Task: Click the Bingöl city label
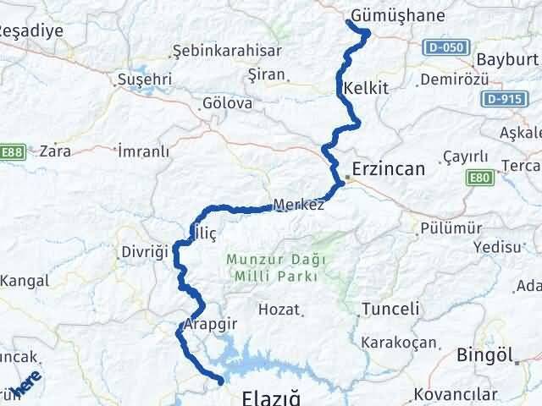tap(486, 355)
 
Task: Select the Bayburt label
tap(507, 60)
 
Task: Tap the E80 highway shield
tap(478, 178)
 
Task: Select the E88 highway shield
tap(13, 152)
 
